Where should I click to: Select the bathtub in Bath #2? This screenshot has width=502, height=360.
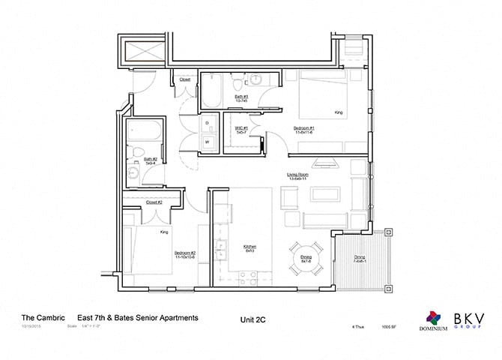(137, 135)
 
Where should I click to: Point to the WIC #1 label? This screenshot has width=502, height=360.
(241, 130)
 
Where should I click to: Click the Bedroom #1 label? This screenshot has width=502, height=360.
(304, 130)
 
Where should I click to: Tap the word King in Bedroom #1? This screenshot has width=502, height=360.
(338, 113)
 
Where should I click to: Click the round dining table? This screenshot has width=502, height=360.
(306, 258)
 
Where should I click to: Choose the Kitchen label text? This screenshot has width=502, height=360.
(250, 248)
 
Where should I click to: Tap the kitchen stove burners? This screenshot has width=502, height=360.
(247, 279)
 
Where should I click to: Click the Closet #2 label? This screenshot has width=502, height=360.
(155, 202)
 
